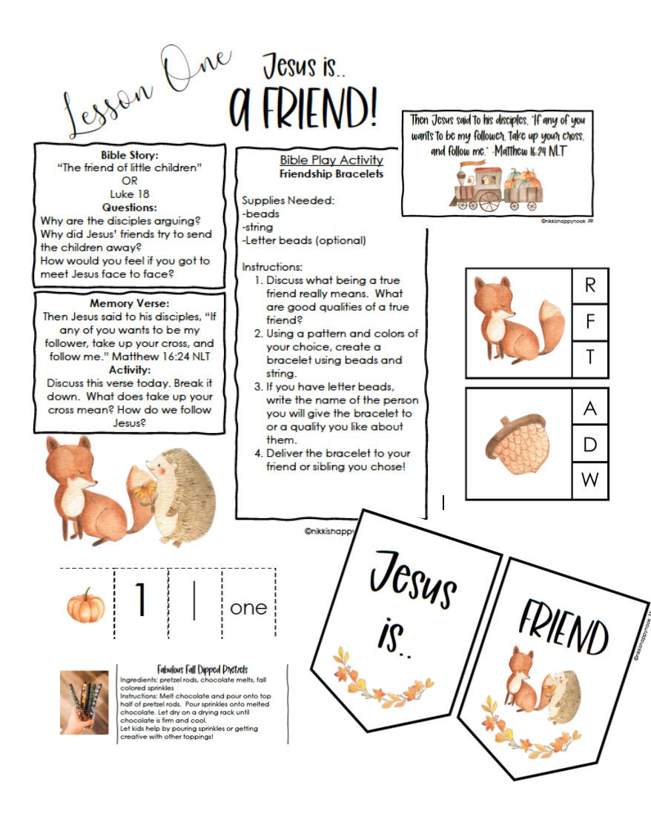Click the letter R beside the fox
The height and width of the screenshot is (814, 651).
pyautogui.click(x=590, y=285)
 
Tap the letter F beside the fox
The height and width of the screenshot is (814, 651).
pyautogui.click(x=590, y=322)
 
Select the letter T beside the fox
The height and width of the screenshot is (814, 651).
pyautogui.click(x=590, y=358)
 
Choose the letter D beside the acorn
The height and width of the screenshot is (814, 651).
pyautogui.click(x=590, y=443)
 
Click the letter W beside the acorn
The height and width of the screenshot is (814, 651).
pyautogui.click(x=590, y=480)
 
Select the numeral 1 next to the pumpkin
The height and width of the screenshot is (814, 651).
pyautogui.click(x=140, y=601)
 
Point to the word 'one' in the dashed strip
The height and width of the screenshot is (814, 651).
pyautogui.click(x=248, y=607)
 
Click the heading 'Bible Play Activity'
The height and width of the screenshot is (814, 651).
pyautogui.click(x=331, y=160)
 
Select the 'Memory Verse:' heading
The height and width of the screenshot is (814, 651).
pyautogui.click(x=130, y=304)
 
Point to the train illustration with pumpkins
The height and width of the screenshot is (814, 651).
pyautogui.click(x=496, y=188)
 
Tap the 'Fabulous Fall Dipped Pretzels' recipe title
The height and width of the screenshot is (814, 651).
pyautogui.click(x=202, y=669)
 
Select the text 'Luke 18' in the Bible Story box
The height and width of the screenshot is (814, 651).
pyautogui.click(x=130, y=195)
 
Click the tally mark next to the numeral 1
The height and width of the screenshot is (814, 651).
pyautogui.click(x=194, y=602)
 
